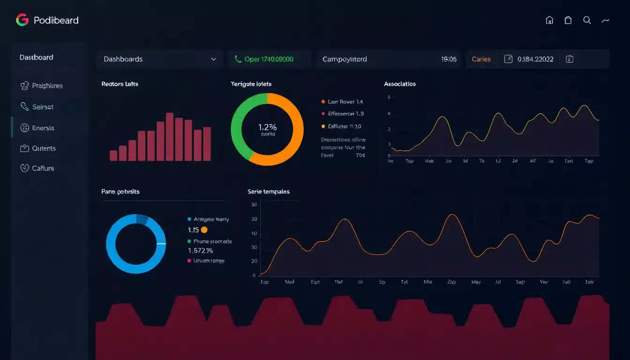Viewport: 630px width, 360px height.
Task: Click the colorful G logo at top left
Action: click(x=22, y=20)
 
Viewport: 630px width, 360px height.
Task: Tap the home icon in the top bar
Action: click(x=549, y=20)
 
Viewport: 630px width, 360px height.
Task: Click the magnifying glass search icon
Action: click(x=587, y=20)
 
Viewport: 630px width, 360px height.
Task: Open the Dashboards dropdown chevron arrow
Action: click(x=214, y=59)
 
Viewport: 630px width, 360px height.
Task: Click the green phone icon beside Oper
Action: click(x=238, y=59)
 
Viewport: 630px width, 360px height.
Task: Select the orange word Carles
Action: click(x=481, y=59)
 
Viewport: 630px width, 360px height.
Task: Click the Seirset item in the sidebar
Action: click(x=43, y=107)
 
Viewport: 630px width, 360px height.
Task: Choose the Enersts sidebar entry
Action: click(x=43, y=128)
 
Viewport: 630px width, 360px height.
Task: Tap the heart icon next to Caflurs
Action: click(x=25, y=168)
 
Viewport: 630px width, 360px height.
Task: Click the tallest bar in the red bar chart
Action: click(x=170, y=137)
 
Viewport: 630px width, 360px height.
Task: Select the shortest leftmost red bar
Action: click(x=113, y=156)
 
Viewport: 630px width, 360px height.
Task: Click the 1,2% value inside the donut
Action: click(x=267, y=127)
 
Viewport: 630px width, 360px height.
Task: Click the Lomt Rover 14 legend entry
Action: click(x=345, y=102)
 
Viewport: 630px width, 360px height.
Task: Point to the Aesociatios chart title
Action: click(x=399, y=84)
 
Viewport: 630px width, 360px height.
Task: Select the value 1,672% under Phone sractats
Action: click(x=203, y=251)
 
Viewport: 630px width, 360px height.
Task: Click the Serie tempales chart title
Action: click(x=268, y=191)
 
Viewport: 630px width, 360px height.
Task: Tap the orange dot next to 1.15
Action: click(x=204, y=230)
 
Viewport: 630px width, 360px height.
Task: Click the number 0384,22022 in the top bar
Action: click(x=535, y=59)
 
